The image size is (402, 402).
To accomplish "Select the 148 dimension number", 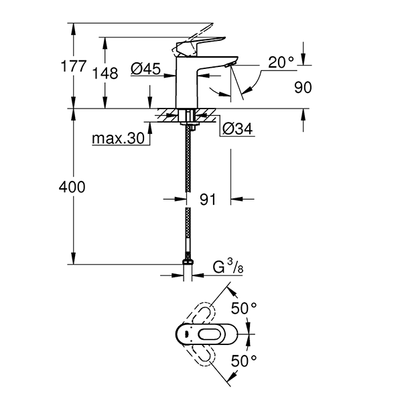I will (x=105, y=73).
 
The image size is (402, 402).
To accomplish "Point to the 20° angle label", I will (x=281, y=62).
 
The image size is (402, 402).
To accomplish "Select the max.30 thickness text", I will (x=119, y=139).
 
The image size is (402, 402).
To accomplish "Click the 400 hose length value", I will (x=73, y=187).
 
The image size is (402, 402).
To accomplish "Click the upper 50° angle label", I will (x=245, y=308).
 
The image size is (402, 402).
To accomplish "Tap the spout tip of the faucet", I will (x=230, y=64).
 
